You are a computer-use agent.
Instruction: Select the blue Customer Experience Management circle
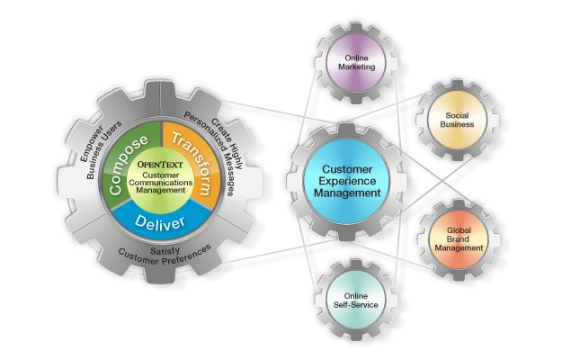346,180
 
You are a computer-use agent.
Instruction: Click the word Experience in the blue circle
346,180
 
